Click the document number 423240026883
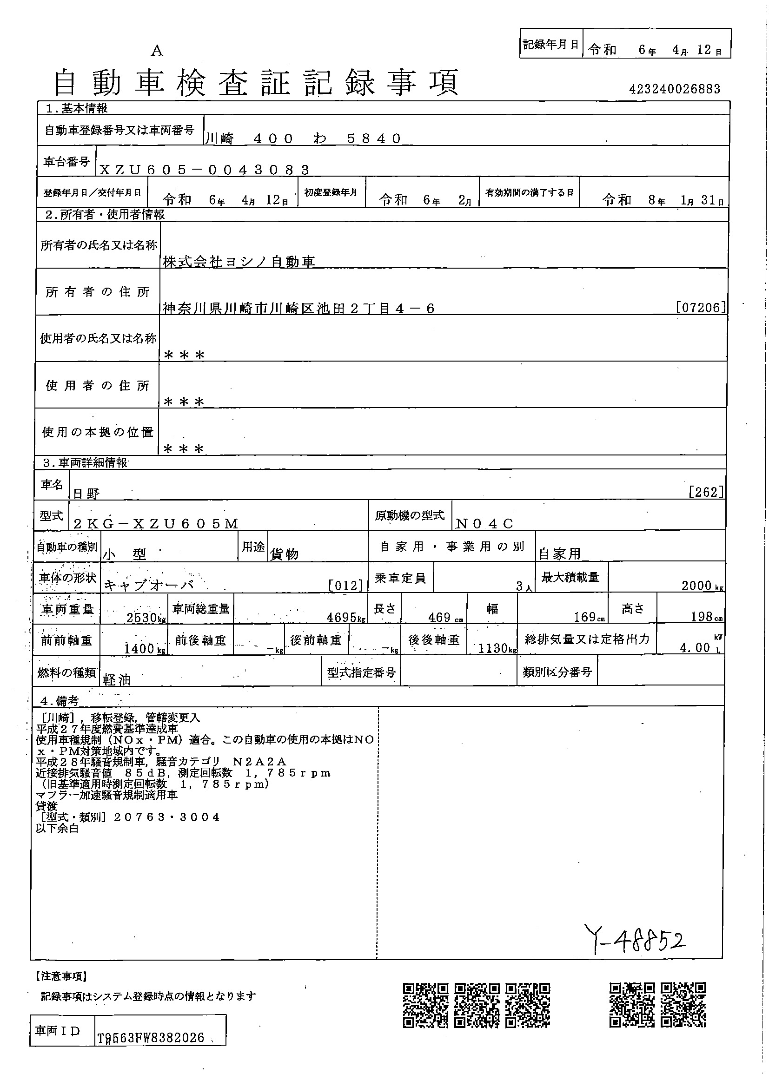674,89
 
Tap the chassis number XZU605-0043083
205,170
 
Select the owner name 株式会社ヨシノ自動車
239,261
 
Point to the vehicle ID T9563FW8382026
151,1038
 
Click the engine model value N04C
484,524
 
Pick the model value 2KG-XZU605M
156,524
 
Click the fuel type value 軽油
117,680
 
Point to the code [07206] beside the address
701,308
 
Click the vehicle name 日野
86,494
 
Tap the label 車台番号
66,162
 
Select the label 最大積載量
570,577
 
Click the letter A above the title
157,51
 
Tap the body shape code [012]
345,586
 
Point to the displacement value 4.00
695,648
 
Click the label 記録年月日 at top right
550,45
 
